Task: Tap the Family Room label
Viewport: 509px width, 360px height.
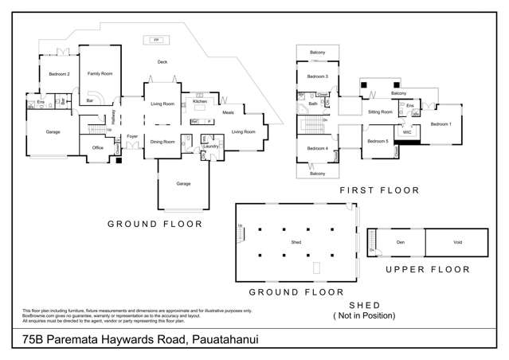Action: point(100,72)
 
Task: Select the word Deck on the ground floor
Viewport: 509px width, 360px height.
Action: point(162,61)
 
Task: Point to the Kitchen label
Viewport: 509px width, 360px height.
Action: point(200,101)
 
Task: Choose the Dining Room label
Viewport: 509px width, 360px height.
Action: point(162,142)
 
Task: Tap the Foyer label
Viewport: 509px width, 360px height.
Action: point(132,136)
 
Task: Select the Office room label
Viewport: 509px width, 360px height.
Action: point(98,147)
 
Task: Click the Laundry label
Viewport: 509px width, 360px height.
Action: point(211,147)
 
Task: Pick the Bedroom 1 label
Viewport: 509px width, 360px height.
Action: point(440,124)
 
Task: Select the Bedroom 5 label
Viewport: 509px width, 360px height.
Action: point(378,142)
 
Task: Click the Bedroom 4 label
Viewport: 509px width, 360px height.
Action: point(317,148)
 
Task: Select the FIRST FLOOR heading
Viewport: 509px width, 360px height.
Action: point(379,190)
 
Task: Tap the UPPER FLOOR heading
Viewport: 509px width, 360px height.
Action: point(428,269)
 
